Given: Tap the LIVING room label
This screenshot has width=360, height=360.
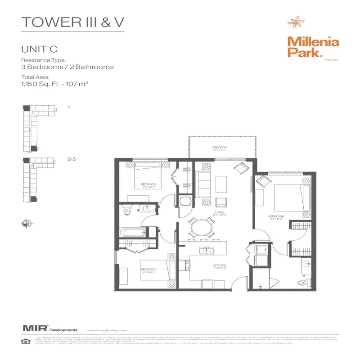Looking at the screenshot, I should coord(219,213).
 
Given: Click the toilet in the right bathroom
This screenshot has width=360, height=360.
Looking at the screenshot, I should coord(301,282).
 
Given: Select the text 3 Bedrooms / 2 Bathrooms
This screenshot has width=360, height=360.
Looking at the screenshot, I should coord(67,67).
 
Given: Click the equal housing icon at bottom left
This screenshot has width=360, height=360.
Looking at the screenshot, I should coord(26,341).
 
